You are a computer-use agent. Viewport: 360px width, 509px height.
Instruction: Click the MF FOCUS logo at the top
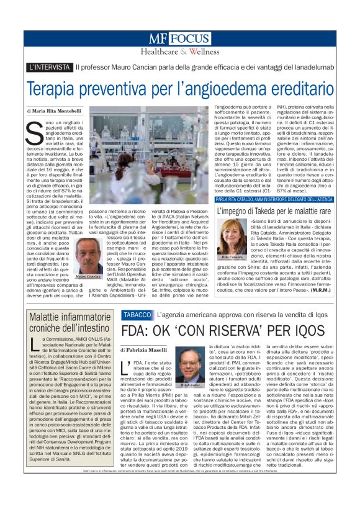(x=180, y=39)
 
